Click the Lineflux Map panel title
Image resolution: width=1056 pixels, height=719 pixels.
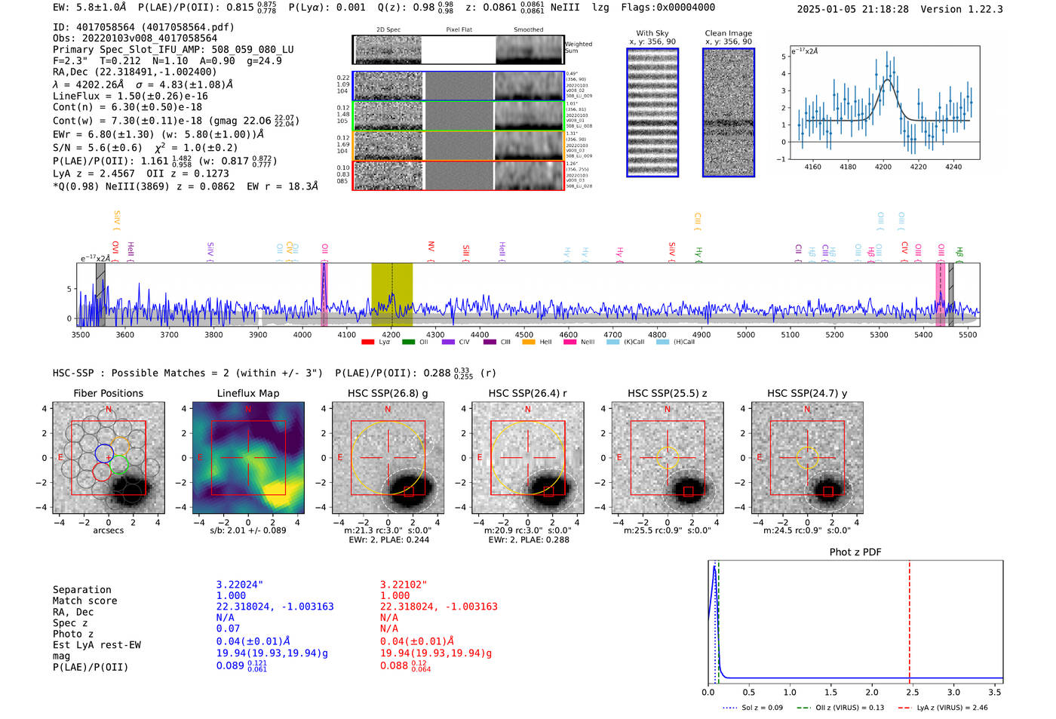(247, 393)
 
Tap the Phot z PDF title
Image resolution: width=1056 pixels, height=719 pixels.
(855, 552)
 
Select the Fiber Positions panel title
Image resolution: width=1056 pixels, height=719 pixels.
(108, 393)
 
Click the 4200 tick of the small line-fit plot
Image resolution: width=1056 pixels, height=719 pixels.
(883, 167)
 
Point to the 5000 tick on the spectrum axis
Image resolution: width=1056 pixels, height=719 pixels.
(746, 334)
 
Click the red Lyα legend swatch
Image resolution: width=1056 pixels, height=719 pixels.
(368, 343)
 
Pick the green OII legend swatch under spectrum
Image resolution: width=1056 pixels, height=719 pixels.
(409, 343)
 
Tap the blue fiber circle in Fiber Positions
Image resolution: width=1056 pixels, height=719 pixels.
(104, 453)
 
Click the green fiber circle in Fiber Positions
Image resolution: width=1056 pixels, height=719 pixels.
(119, 465)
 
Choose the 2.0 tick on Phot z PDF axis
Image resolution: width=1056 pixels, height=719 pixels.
(871, 692)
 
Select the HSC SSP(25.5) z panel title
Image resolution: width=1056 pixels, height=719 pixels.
(667, 393)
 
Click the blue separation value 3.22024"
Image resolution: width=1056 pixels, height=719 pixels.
(240, 585)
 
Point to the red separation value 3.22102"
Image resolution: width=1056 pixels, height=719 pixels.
(404, 585)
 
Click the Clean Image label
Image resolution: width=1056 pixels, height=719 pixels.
(728, 33)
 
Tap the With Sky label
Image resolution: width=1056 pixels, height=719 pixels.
(652, 33)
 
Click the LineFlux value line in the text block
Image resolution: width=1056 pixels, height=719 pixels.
(130, 96)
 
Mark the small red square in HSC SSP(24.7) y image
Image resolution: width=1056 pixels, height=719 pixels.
(828, 491)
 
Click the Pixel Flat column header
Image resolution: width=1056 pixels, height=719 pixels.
(459, 30)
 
